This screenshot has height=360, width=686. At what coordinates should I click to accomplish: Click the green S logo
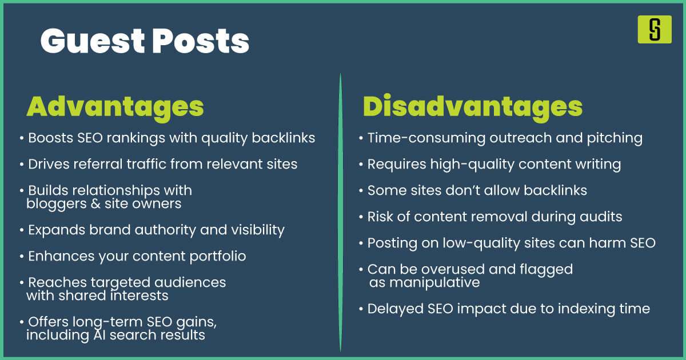tap(655, 29)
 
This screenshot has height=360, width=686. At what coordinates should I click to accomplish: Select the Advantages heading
tap(115, 106)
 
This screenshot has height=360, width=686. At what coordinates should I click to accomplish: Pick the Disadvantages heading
tap(473, 106)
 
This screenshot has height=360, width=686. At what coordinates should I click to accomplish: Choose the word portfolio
tap(217, 256)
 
